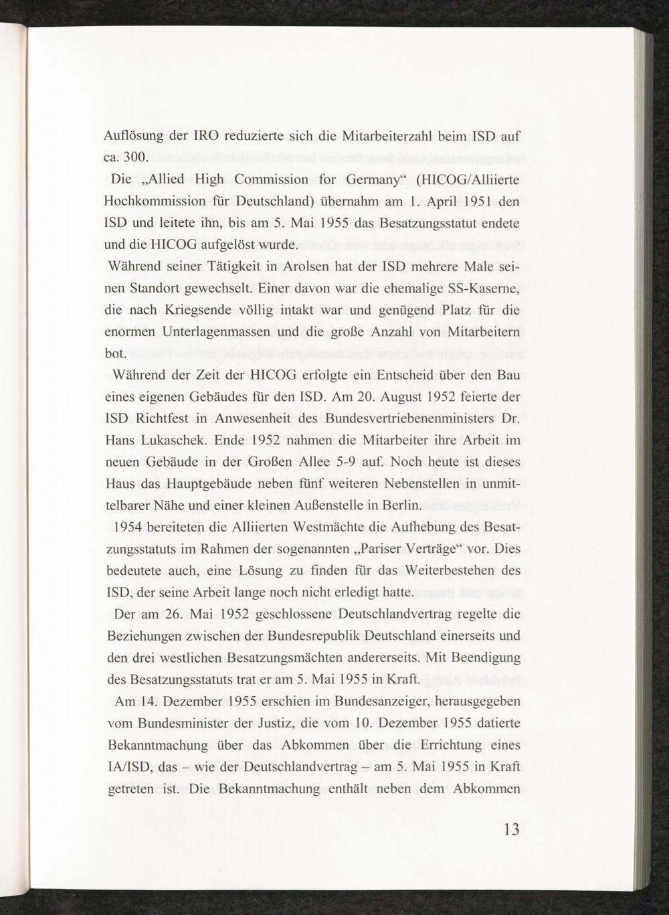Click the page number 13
510,831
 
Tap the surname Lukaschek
176,440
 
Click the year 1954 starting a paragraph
127,527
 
